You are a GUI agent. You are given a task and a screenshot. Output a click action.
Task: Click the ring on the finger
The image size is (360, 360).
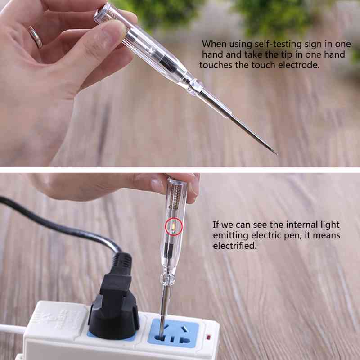point(35,37)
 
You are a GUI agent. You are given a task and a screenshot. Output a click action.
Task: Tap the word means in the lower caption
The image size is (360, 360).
point(327,235)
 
